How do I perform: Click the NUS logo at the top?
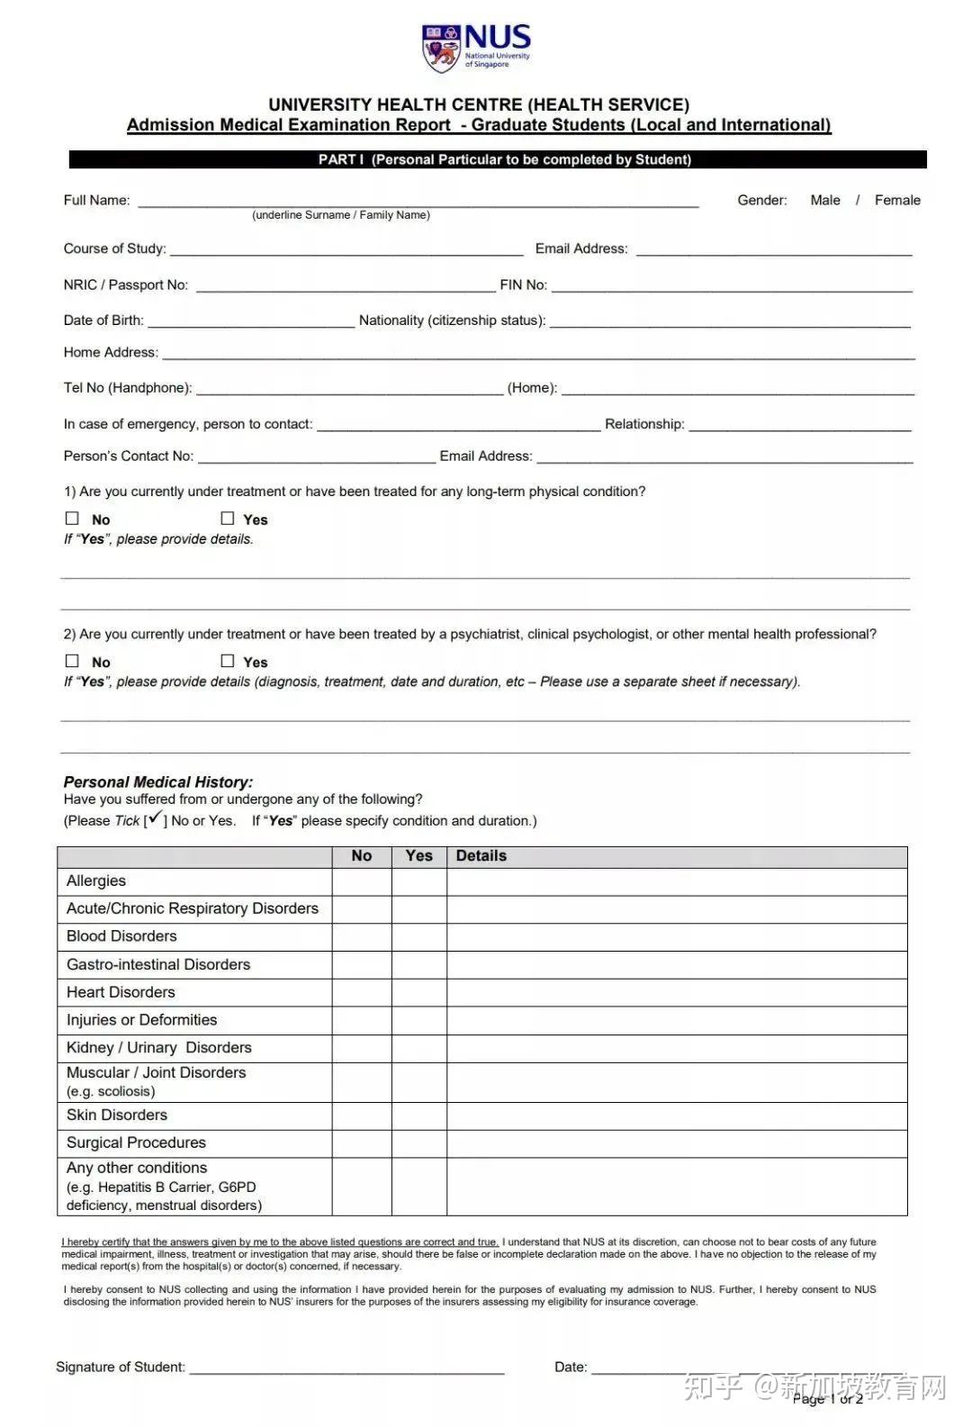(x=476, y=48)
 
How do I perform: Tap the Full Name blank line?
(x=418, y=202)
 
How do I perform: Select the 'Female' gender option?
(x=897, y=200)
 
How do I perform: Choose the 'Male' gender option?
(x=824, y=200)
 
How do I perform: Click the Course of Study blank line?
(x=346, y=250)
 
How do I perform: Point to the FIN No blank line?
(x=732, y=286)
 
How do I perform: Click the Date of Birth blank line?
(x=251, y=321)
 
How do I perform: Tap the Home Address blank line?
(x=538, y=354)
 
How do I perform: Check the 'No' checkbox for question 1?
(x=73, y=519)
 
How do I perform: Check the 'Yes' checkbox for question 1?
(x=228, y=519)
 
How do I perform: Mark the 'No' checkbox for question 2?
(x=73, y=661)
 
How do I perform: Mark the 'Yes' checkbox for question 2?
(x=228, y=661)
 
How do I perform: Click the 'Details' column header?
(x=481, y=856)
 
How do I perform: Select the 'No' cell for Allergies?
(x=362, y=881)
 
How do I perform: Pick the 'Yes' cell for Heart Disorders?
(x=419, y=992)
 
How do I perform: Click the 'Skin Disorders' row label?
(x=117, y=1115)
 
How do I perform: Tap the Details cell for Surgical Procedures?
(x=677, y=1143)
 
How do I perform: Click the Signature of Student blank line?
(x=346, y=1368)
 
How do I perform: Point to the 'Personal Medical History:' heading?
(x=158, y=782)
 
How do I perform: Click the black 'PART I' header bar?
(x=498, y=159)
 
